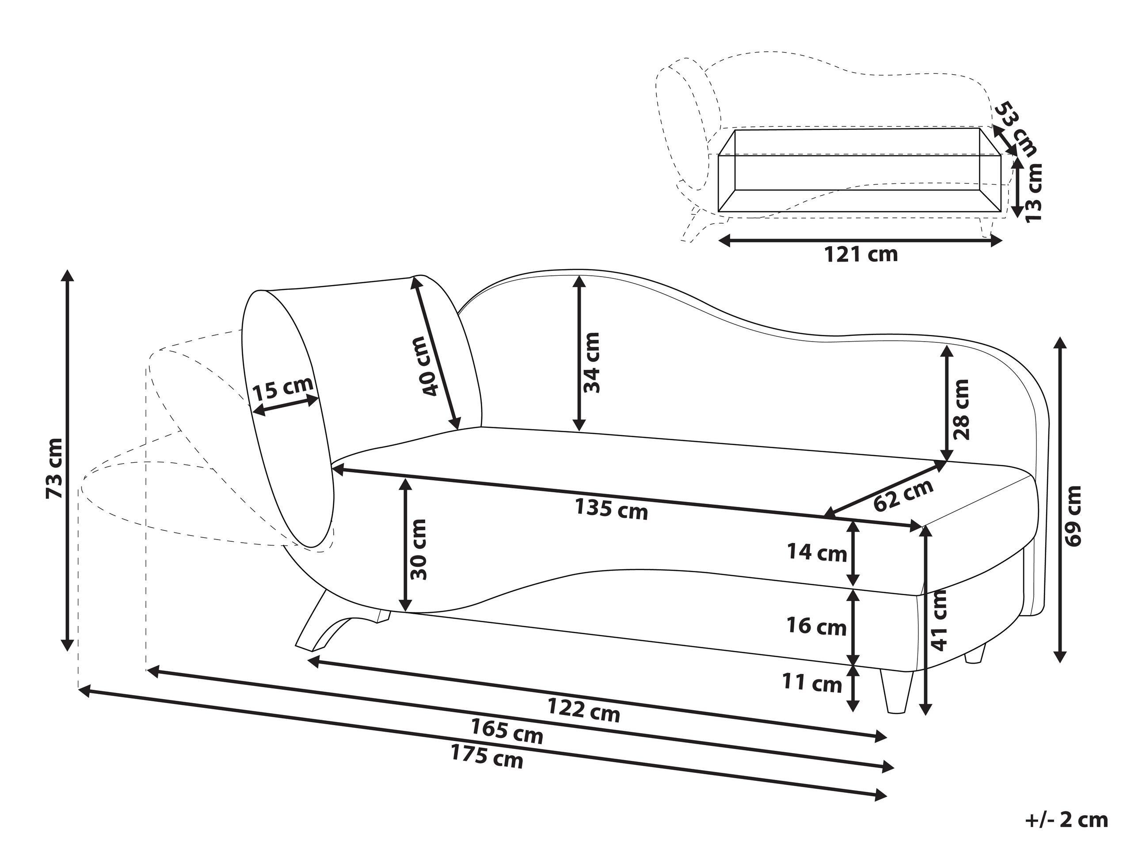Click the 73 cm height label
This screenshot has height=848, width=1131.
[54, 468]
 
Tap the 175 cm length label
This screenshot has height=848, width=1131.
[487, 757]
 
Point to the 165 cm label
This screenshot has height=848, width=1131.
[506, 731]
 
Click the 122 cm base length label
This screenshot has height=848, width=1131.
[583, 710]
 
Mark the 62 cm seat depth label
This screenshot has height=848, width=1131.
[903, 495]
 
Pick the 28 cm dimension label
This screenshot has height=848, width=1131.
[961, 409]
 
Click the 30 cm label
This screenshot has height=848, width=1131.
[419, 549]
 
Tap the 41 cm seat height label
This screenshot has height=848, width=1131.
[940, 620]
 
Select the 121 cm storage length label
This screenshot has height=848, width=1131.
[861, 254]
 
